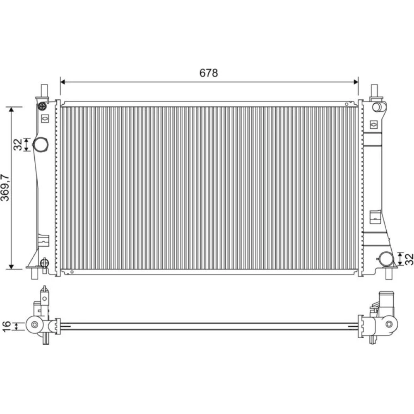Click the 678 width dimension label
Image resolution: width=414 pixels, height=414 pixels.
[x=209, y=73]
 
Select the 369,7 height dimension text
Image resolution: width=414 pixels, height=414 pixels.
[x=5, y=188]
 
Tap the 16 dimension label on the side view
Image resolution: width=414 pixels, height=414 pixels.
[x=6, y=326]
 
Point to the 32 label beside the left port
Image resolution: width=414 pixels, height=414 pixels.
[x=18, y=144]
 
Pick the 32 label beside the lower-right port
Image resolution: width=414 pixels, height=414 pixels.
[x=409, y=259]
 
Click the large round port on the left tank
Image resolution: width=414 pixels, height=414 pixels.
[x=41, y=144]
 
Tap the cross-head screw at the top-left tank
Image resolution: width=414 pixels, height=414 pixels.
[x=42, y=106]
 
